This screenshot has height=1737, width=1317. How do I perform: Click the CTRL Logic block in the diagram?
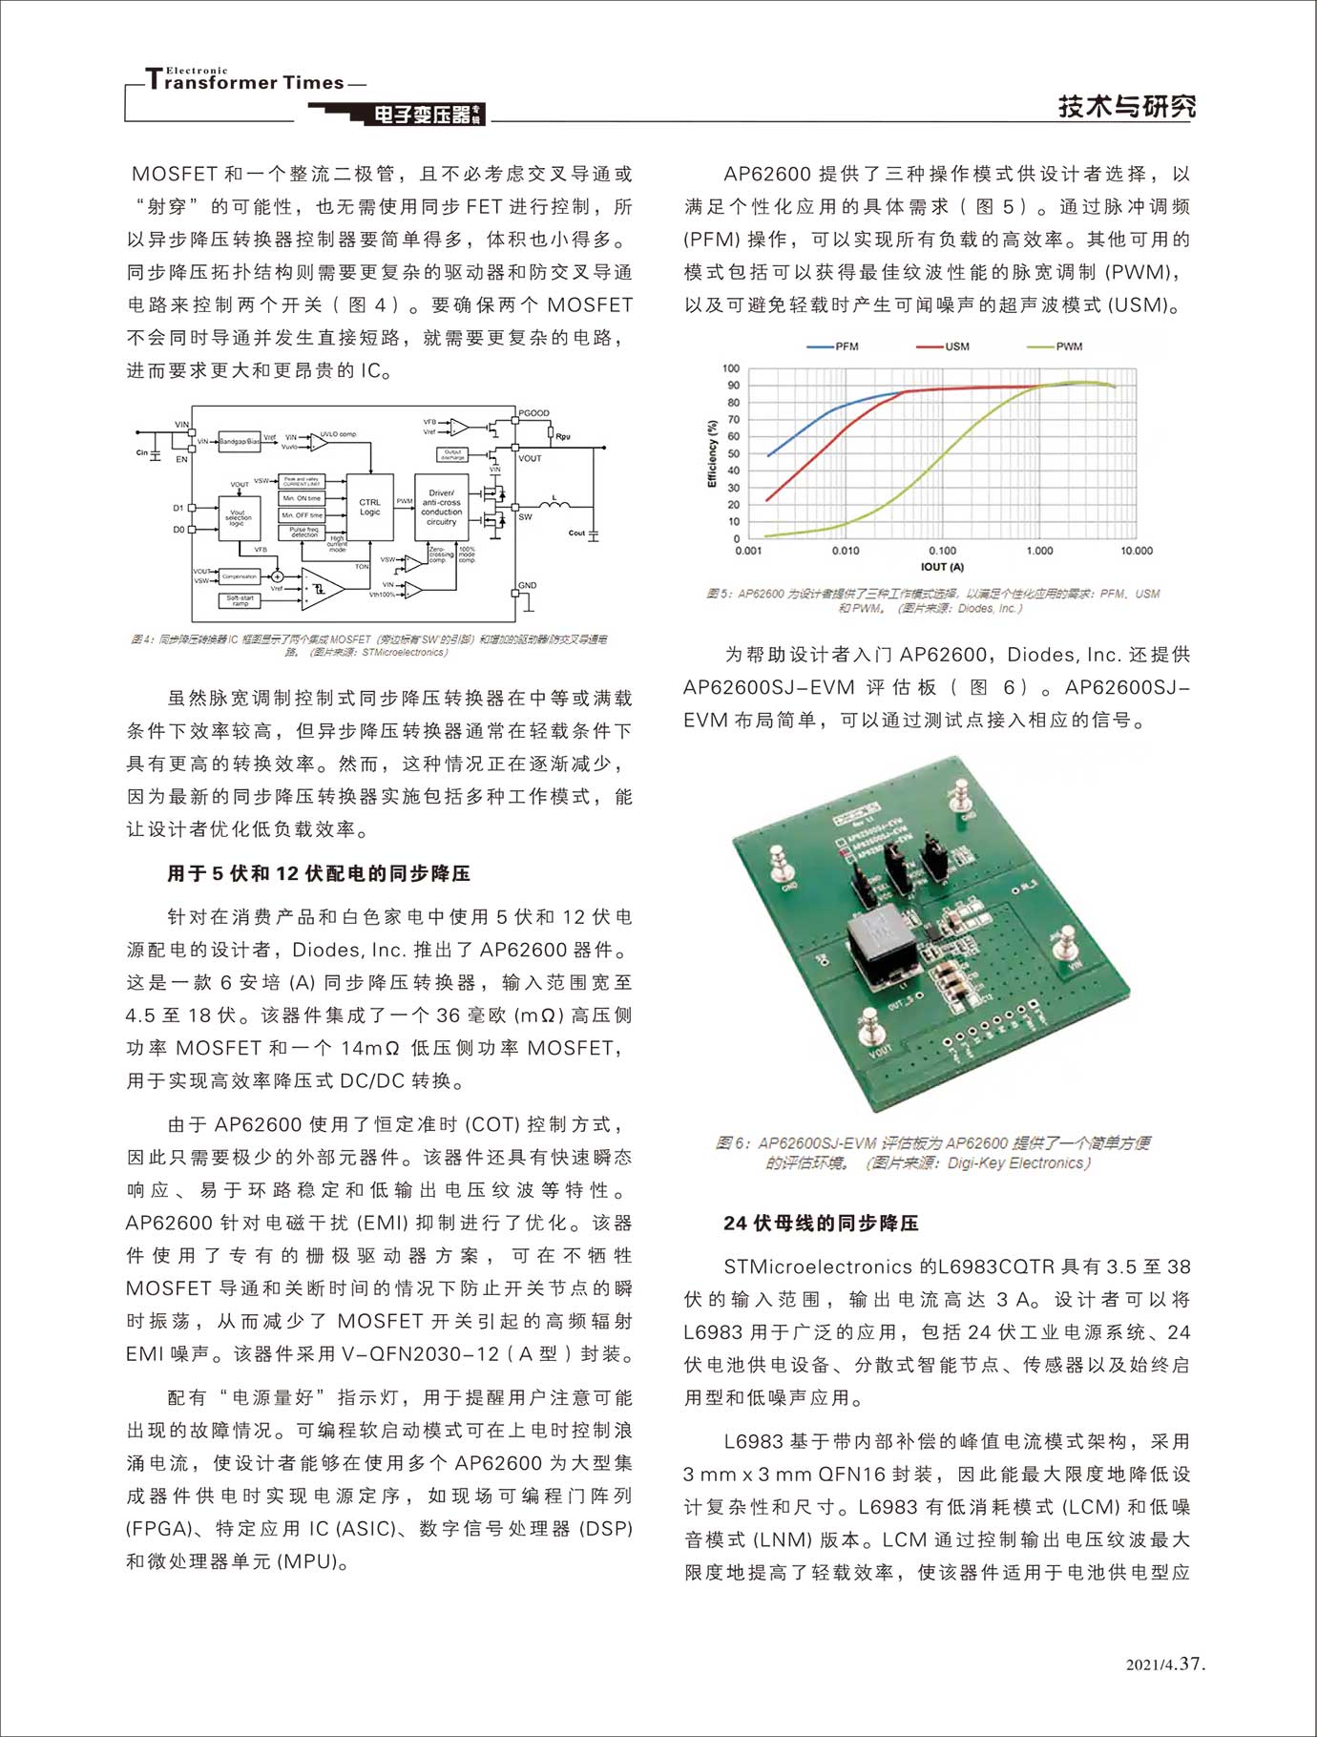[x=369, y=508]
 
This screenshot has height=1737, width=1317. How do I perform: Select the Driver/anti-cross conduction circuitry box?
[x=441, y=508]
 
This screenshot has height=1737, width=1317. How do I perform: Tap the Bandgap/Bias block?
[x=240, y=442]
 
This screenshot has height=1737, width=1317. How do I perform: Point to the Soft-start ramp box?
[x=240, y=600]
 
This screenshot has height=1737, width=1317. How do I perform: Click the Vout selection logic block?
[x=239, y=518]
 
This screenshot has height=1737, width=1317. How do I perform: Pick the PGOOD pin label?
[x=533, y=413]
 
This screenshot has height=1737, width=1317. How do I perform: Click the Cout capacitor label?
[x=576, y=534]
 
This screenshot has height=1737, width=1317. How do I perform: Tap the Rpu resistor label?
[x=563, y=436]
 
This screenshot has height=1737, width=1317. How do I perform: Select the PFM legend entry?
[x=834, y=346]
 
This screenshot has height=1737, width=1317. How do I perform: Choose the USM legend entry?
[x=944, y=346]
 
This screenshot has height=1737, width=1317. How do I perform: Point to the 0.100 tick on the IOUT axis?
[x=942, y=551]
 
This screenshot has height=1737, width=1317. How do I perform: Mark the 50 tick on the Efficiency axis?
[x=733, y=471]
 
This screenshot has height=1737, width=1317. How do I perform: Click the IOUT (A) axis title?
[x=942, y=567]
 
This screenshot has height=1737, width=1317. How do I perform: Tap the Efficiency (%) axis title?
[x=711, y=453]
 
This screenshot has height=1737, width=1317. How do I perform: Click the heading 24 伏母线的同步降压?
[x=821, y=1223]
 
